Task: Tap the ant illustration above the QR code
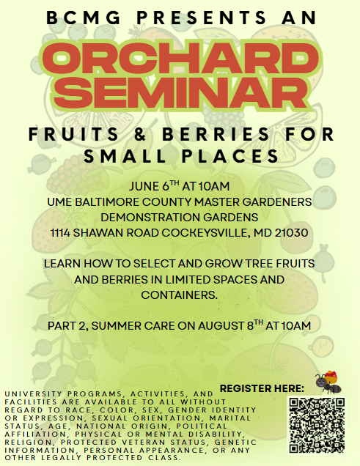pos(326,380)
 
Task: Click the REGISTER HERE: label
pos(262,388)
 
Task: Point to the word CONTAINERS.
pos(180,295)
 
